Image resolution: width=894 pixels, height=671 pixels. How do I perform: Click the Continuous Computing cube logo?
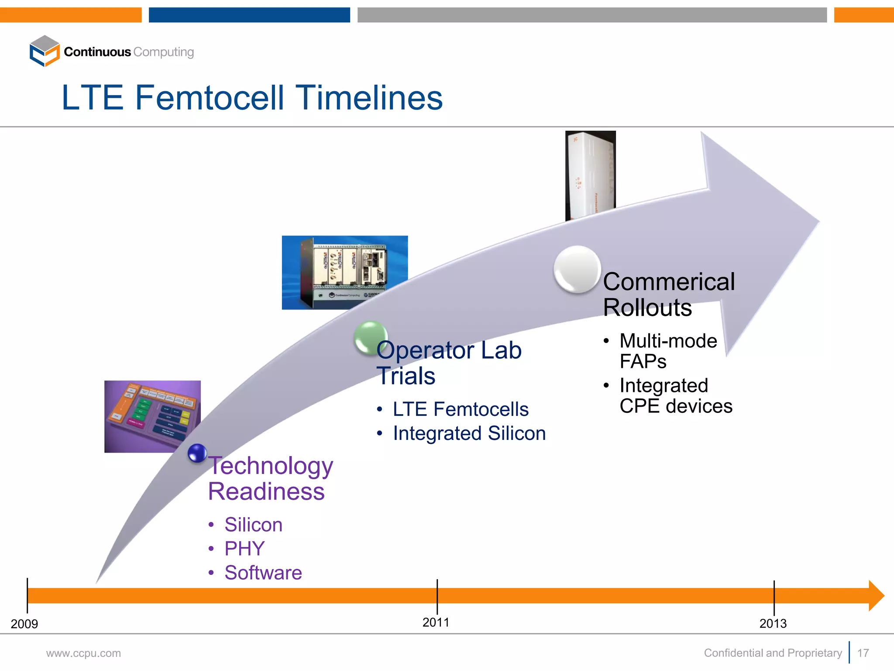click(x=44, y=51)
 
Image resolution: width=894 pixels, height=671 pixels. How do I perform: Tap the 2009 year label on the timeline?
click(x=24, y=624)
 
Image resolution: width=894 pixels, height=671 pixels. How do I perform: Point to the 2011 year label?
click(x=436, y=623)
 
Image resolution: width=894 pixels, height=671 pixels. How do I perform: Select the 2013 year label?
click(x=773, y=624)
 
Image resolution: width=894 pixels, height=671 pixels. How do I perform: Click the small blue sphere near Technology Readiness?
click(x=197, y=453)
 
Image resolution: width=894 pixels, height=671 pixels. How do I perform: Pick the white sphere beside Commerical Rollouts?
click(x=577, y=269)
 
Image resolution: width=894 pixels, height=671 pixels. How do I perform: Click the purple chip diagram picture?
click(x=152, y=416)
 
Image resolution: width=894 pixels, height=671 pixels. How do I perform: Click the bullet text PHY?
click(x=244, y=549)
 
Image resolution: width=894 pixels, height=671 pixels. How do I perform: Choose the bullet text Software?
click(x=263, y=573)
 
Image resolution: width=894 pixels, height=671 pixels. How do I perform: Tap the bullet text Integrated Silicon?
click(x=469, y=433)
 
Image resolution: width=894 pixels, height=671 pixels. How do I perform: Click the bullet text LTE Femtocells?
click(x=461, y=409)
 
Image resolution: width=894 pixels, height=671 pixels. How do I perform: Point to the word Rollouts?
click(x=647, y=308)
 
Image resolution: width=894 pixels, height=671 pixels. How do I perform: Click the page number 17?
click(x=863, y=653)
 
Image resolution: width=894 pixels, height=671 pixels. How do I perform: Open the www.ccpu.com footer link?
click(x=83, y=654)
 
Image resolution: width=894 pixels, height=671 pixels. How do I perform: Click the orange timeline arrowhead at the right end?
click(x=876, y=596)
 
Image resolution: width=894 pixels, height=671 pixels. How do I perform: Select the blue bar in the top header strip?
click(x=249, y=15)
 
